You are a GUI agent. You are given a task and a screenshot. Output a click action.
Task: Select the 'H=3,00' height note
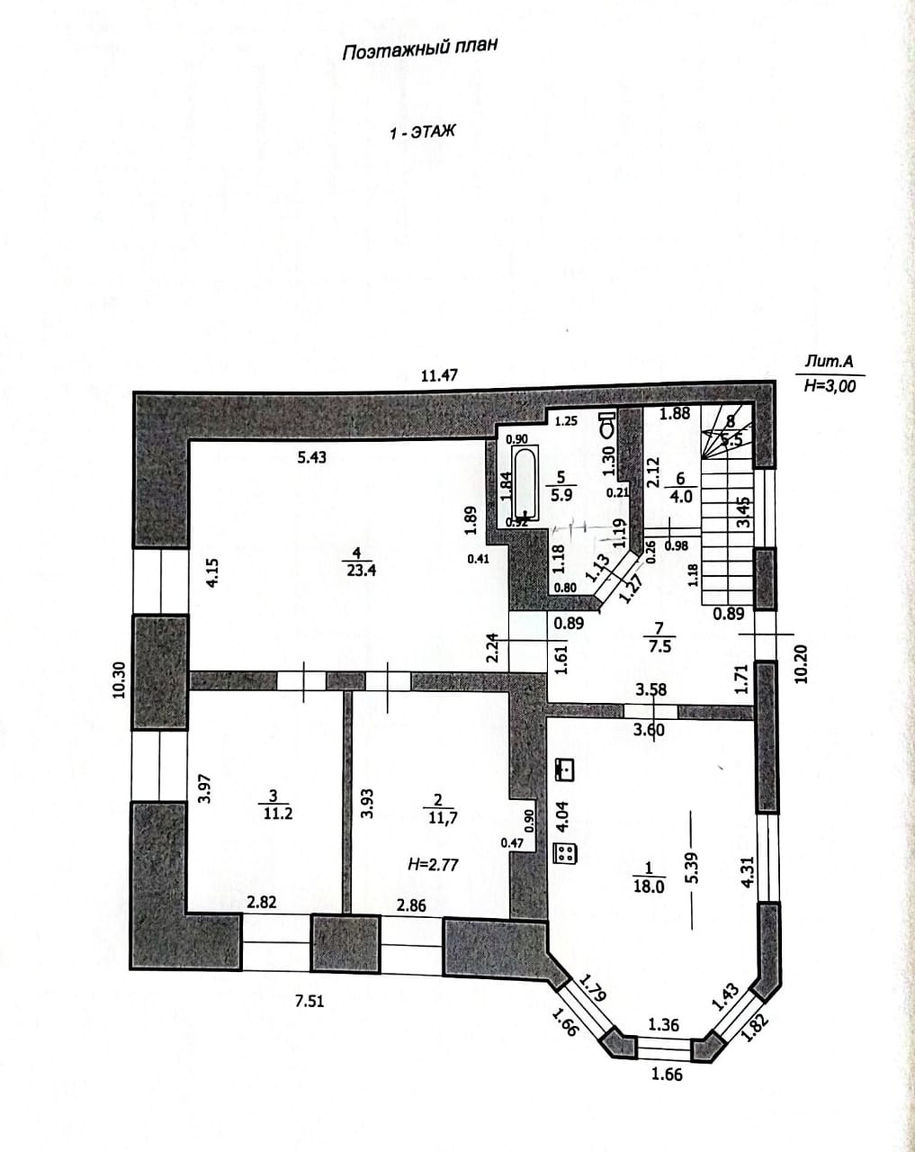829,386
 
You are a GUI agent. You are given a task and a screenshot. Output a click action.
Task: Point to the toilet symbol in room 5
607,424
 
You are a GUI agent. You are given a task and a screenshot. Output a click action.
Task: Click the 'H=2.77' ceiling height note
434,864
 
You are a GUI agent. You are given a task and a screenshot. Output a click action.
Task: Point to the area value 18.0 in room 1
648,886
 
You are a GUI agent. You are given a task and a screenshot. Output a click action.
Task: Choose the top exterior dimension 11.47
439,375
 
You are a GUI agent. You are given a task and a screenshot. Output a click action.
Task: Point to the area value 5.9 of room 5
561,494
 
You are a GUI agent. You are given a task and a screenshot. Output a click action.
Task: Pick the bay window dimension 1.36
663,1024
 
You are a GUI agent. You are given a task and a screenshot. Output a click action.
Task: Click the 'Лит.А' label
828,363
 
